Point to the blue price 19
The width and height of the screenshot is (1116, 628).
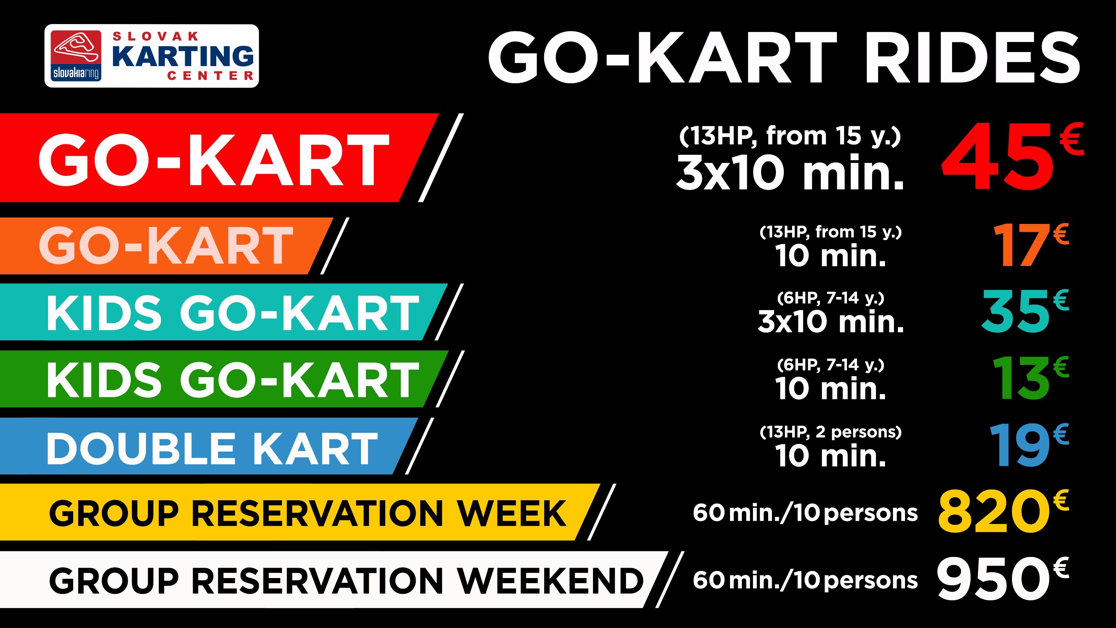click(1020, 445)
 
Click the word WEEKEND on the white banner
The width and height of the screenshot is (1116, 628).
click(550, 580)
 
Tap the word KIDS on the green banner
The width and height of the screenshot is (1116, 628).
click(104, 380)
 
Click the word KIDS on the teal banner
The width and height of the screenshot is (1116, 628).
click(104, 313)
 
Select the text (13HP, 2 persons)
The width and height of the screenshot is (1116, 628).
click(830, 432)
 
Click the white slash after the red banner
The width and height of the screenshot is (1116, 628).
click(441, 157)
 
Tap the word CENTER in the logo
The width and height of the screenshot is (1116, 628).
click(211, 76)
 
